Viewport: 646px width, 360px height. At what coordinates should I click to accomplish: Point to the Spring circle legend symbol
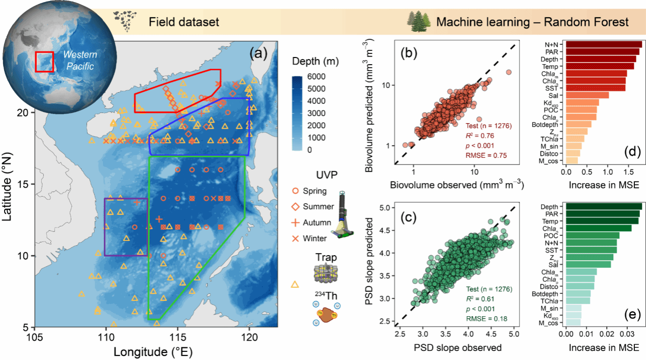click(x=295, y=191)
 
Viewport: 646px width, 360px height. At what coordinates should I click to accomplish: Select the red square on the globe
click(x=44, y=62)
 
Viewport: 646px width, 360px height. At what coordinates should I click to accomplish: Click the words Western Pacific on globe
click(x=80, y=60)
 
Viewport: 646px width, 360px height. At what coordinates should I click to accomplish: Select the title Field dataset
click(x=183, y=22)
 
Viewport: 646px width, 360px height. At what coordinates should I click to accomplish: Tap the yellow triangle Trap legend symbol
click(x=294, y=285)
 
